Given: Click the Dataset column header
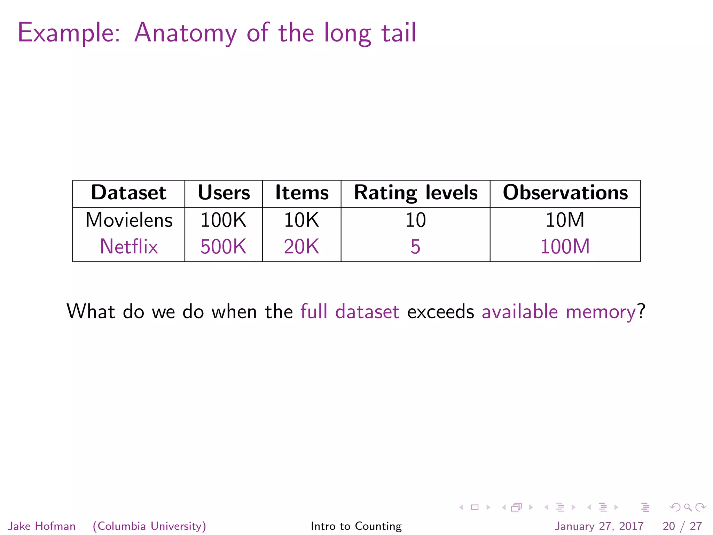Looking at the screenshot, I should click(128, 193).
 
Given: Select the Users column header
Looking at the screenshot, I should click(224, 193).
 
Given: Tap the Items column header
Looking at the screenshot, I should click(302, 193).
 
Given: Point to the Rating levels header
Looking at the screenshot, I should click(416, 193).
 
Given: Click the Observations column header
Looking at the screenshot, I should click(565, 193).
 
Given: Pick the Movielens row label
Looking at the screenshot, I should click(129, 220).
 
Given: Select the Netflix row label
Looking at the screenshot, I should click(129, 247).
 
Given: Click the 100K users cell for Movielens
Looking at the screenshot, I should click(224, 220).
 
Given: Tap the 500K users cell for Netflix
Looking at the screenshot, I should click(224, 247).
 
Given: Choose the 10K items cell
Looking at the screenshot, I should click(301, 220).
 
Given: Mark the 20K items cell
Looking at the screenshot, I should click(301, 247).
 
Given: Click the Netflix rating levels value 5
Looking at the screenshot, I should click(415, 247).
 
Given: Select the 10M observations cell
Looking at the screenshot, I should click(565, 220).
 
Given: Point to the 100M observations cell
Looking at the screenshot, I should click(565, 247).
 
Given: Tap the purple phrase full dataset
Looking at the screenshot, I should click(350, 311).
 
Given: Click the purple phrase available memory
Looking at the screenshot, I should click(559, 311).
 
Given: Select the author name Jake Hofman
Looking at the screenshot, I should click(42, 526).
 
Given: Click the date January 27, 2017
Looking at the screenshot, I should click(599, 526).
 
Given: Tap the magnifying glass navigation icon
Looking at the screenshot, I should click(688, 507).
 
